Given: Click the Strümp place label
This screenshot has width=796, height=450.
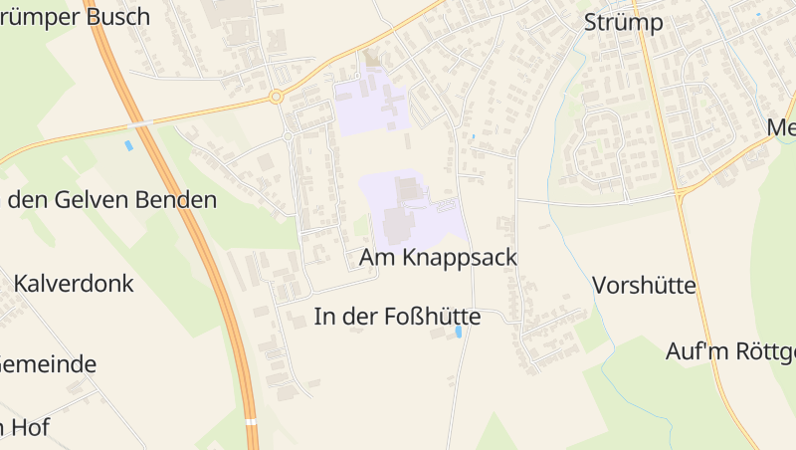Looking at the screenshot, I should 623,22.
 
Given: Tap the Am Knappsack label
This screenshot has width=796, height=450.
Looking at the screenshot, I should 438,257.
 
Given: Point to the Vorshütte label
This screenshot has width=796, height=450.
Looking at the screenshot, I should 644,286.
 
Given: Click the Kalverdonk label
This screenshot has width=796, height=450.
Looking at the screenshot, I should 74,283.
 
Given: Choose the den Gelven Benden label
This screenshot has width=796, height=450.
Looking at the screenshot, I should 111,200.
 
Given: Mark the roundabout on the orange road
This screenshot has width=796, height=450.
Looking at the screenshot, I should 276,98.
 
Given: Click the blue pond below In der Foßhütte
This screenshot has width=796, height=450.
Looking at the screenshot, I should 459,333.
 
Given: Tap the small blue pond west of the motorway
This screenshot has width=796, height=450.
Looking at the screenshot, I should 127,146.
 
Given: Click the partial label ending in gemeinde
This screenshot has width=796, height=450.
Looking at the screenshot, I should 48,363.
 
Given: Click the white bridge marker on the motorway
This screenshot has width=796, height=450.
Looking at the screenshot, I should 253,422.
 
